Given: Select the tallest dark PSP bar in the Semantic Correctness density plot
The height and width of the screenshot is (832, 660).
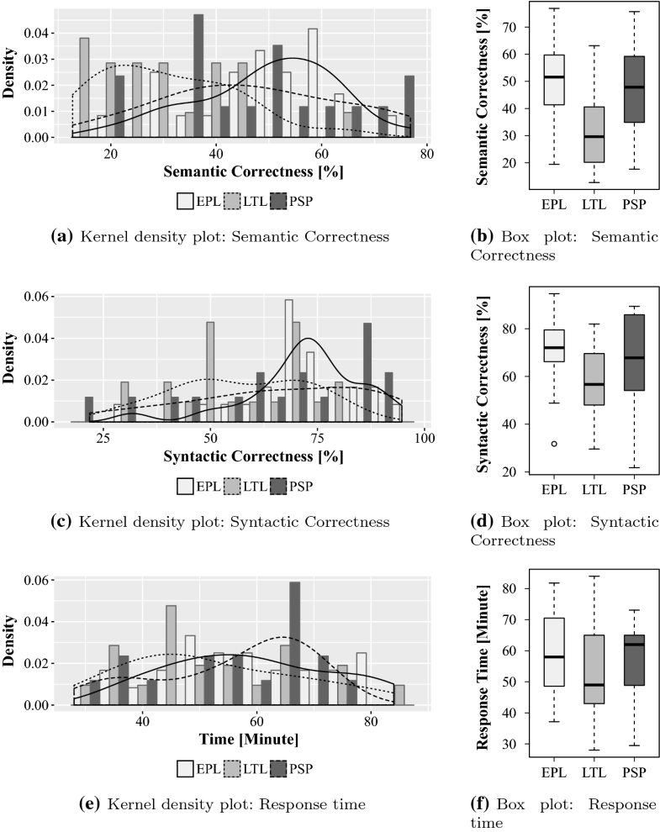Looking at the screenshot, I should (198, 75).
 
